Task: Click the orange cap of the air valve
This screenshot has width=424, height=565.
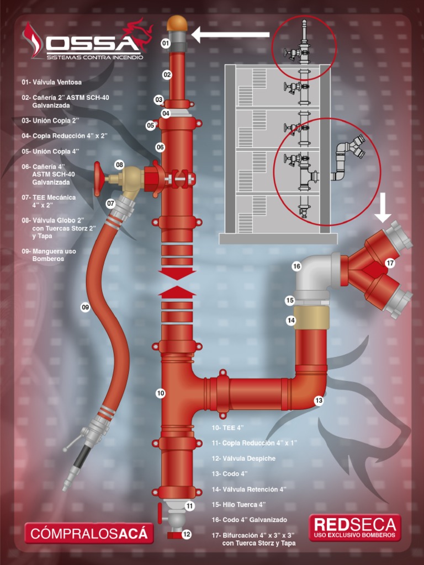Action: coord(177,23)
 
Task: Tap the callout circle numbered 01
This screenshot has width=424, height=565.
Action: coord(166,43)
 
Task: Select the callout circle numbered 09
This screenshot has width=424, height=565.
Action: coord(85,307)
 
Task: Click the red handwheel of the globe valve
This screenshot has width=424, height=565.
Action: coord(98,179)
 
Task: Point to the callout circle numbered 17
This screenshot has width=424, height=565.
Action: coord(390,263)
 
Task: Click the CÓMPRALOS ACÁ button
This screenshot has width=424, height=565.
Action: coord(89,534)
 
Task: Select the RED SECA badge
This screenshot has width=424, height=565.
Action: coord(355,527)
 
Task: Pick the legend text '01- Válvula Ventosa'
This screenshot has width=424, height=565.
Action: coord(52,82)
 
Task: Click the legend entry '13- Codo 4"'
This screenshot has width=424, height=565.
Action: coord(230,473)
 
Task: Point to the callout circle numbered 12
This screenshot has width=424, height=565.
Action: coord(187,534)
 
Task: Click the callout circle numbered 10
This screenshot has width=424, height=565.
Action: coord(161,393)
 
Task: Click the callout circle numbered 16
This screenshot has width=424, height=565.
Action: coord(296,266)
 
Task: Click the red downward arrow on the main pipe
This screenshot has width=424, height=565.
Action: coord(177,273)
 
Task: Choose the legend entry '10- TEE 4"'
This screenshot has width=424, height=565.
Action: coord(228,428)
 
